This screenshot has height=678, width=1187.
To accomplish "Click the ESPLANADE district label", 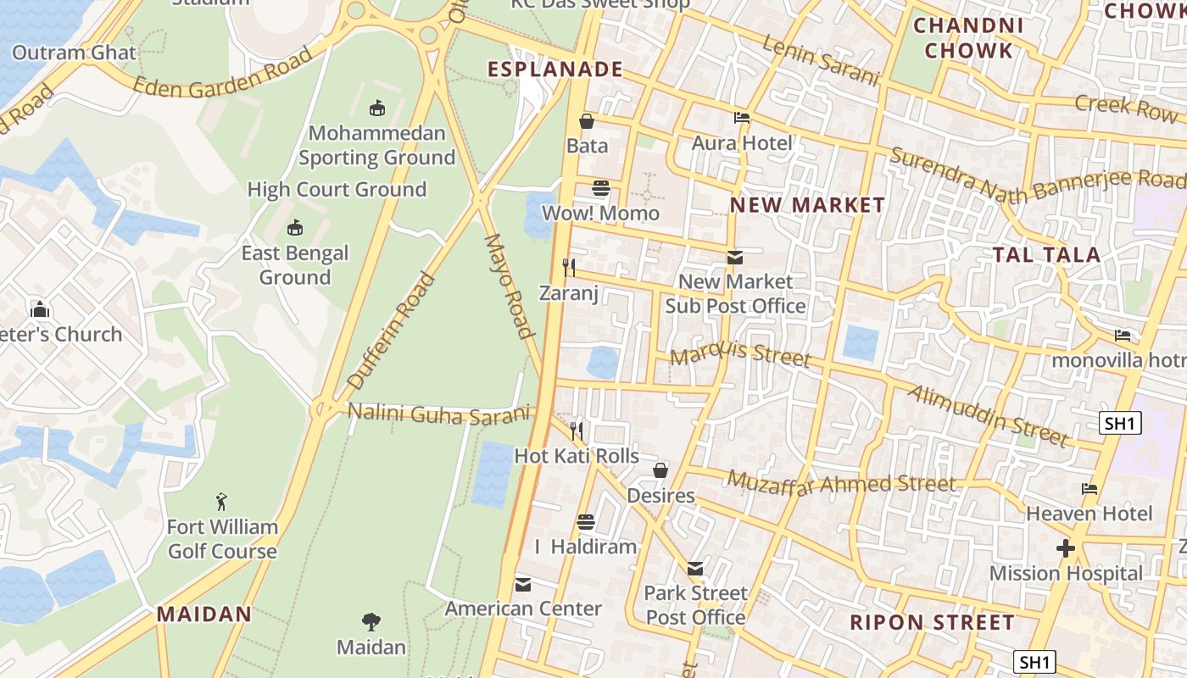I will click(x=555, y=69).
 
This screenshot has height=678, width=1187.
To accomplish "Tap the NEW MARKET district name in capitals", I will click(x=807, y=205).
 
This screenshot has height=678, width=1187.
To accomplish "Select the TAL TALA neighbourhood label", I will click(x=1046, y=254).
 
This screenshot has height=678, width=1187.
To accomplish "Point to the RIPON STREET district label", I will click(x=932, y=622).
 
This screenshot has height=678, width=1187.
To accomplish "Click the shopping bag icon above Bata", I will click(x=586, y=121).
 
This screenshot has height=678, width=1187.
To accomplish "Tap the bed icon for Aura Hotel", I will click(x=742, y=119).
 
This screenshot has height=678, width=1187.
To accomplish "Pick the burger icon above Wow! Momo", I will click(x=601, y=188).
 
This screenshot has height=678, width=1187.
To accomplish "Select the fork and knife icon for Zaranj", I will click(x=569, y=268).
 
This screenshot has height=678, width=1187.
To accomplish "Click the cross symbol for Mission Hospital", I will click(x=1065, y=549).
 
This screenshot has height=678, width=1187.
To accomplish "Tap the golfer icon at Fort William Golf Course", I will click(x=221, y=502).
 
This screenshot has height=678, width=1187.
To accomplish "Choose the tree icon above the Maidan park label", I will click(x=371, y=622).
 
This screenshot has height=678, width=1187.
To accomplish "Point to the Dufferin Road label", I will click(x=392, y=331).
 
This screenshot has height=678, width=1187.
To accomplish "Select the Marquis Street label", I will click(x=739, y=354).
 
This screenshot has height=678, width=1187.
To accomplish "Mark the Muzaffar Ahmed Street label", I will click(x=841, y=484).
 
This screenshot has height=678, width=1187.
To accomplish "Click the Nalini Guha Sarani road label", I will click(x=439, y=414).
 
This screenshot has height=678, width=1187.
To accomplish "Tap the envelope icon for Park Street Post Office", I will click(x=695, y=568).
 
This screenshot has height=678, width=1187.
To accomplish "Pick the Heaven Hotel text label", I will click(x=1089, y=514).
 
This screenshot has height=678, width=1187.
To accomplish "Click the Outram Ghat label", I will click(x=74, y=53).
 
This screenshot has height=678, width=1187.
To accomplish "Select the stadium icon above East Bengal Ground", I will click(x=295, y=227).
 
